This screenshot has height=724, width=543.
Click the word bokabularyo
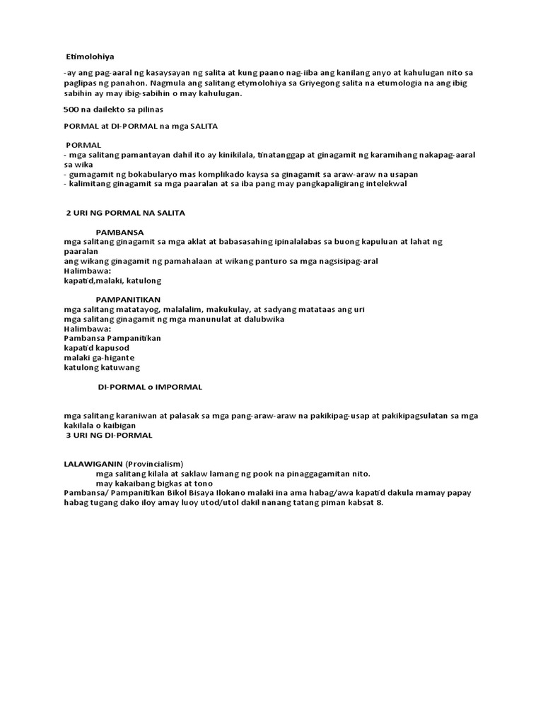[x=139, y=174]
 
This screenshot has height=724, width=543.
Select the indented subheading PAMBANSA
[x=120, y=231]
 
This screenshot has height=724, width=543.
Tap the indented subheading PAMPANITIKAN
[x=129, y=300]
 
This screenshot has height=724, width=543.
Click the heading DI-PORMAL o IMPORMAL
[x=150, y=387]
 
